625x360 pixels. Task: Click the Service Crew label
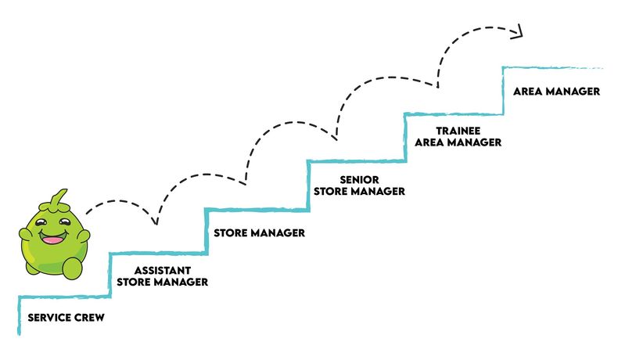[x=66, y=319]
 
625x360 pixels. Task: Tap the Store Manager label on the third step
[x=258, y=232]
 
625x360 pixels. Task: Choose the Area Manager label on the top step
[x=556, y=92]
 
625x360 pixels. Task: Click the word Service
[x=48, y=319]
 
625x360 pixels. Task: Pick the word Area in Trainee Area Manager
[x=431, y=142]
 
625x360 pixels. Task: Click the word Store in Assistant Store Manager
[x=133, y=282]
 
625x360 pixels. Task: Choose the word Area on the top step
[x=528, y=92]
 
